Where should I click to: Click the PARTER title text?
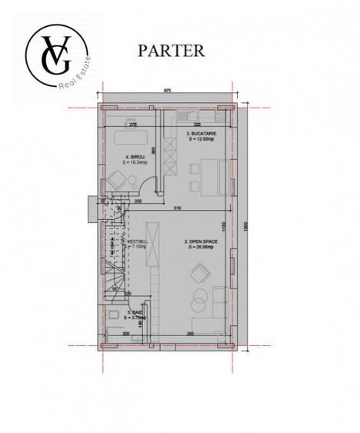click(x=171, y=51)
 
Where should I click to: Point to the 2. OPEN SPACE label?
click(x=200, y=241)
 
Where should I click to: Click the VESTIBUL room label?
click(x=126, y=243)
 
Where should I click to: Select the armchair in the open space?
click(x=201, y=273)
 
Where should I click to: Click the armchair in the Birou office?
click(x=115, y=182)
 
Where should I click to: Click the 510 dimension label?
click(x=178, y=208)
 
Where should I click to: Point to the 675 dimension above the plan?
click(x=167, y=92)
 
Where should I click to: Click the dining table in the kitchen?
click(x=202, y=173)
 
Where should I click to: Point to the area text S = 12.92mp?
click(x=202, y=140)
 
